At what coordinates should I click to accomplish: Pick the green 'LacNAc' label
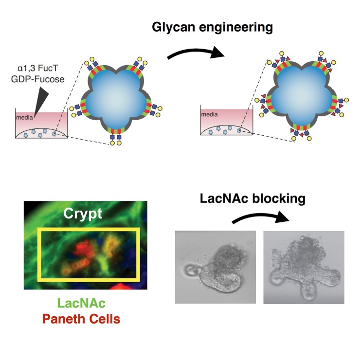pos(81,304)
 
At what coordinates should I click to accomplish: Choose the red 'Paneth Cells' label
pos(81,319)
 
